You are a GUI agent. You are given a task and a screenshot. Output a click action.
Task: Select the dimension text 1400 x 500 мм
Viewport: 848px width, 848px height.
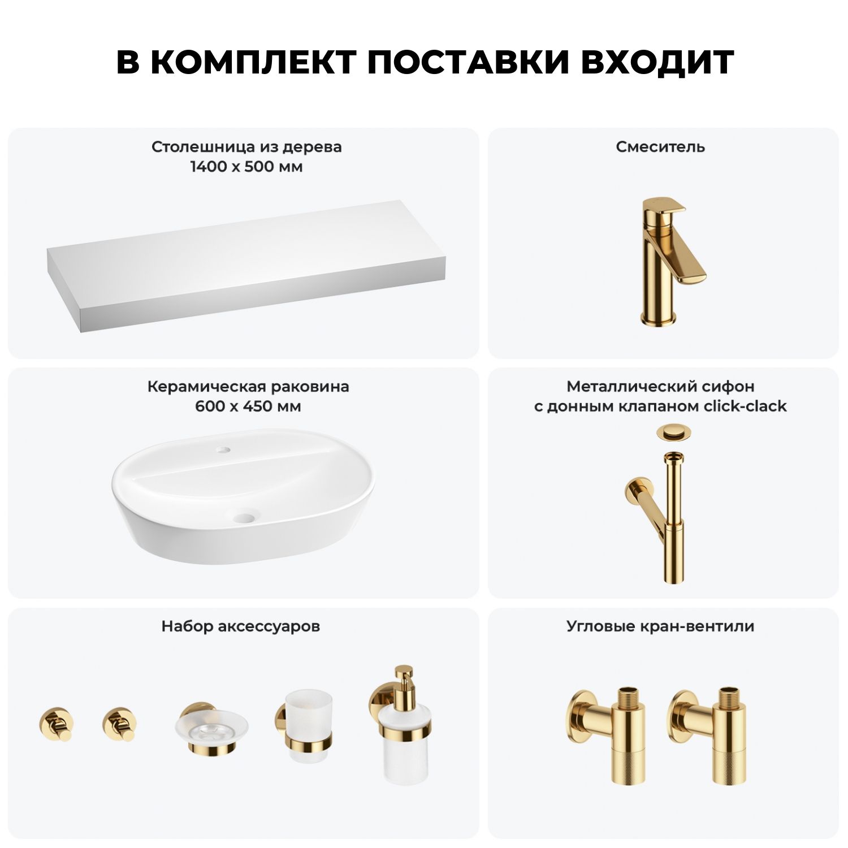pos(246,167)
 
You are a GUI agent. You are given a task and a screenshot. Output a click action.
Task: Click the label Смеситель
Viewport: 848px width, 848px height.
pos(660,147)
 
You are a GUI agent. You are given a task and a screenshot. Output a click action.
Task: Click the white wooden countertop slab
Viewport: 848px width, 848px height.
pos(246,257)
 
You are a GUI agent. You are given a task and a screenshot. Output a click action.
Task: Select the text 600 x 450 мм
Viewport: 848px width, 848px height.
pos(248,406)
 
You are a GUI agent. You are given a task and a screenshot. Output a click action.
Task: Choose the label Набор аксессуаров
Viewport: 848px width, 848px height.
pos(241,626)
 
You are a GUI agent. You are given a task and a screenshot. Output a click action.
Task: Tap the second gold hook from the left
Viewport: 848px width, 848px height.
pos(120,724)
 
